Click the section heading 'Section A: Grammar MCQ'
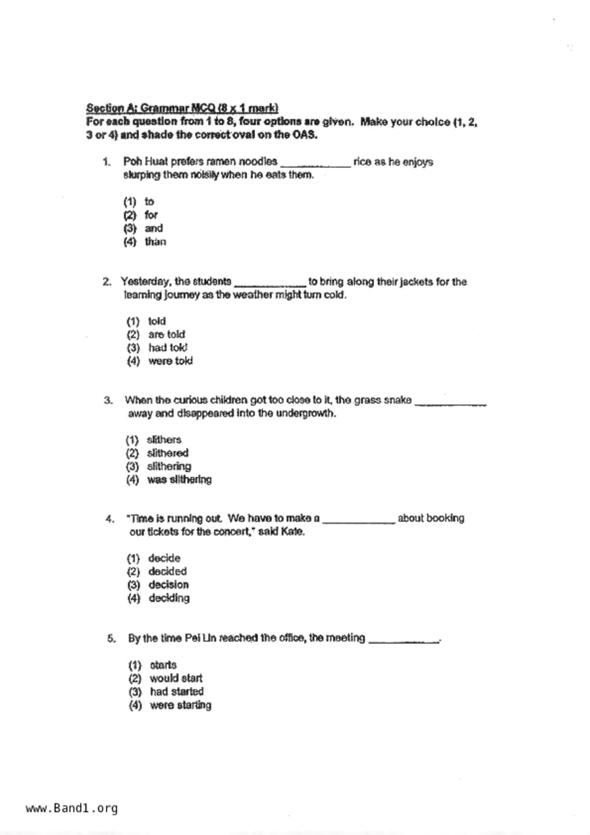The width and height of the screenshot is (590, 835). click(182, 108)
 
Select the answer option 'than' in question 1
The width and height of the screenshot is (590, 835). click(155, 242)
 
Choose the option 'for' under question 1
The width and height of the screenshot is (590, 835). click(151, 215)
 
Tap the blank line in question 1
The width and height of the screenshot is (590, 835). click(315, 164)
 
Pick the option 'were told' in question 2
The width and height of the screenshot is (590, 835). click(170, 361)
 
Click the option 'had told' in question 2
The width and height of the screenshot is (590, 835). click(168, 348)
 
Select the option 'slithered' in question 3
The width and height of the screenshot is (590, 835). click(167, 453)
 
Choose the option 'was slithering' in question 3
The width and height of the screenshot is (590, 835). click(179, 479)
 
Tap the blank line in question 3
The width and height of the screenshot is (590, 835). click(450, 403)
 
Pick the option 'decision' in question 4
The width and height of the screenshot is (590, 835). click(168, 585)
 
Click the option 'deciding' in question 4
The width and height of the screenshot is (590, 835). click(169, 598)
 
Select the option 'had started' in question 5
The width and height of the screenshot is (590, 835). click(177, 691)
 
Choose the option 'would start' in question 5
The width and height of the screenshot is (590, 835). click(176, 678)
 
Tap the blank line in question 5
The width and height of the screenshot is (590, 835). click(404, 641)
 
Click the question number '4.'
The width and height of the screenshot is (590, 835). click(110, 518)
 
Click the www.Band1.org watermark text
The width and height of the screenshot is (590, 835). click(72, 808)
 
